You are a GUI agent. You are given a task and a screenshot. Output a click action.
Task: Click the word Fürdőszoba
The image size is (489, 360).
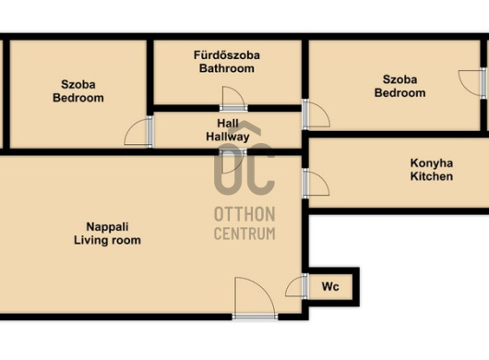point(227,55)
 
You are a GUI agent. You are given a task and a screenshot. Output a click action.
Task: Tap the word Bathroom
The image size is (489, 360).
point(227,68)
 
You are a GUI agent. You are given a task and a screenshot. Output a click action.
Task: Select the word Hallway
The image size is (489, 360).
point(228,137)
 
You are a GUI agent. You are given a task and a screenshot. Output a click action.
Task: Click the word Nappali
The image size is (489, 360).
point(107,227)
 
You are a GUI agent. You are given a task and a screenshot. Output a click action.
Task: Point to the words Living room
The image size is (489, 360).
point(107,240)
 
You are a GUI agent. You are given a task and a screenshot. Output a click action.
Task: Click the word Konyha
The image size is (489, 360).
point(432,163)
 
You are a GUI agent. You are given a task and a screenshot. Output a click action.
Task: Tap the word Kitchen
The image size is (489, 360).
point(432,176)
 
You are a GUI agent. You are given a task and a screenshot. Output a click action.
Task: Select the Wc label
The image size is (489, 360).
point(330,286)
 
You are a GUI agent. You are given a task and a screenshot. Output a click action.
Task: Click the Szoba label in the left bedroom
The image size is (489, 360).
point(78,85)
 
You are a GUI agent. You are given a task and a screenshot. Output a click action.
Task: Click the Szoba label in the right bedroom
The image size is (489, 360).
point(400,79)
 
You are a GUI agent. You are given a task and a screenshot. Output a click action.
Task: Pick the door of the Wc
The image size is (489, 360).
point(297,286)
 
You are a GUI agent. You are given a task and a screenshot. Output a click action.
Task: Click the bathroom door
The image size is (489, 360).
point(233,99)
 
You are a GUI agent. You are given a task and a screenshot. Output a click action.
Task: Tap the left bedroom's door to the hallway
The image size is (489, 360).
point(138,132)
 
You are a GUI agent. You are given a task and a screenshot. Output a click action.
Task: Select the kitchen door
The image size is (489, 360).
point(316,184)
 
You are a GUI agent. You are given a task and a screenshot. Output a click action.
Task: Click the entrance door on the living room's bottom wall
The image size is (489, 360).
point(255,298)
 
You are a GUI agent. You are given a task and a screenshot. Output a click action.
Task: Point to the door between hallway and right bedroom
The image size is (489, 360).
point(316,114)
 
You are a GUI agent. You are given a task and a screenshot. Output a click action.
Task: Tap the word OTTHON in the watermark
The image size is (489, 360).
point(244,214)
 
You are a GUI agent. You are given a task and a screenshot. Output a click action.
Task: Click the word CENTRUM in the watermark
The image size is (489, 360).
point(244,234)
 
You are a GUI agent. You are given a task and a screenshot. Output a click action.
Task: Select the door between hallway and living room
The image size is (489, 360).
point(233,162)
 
